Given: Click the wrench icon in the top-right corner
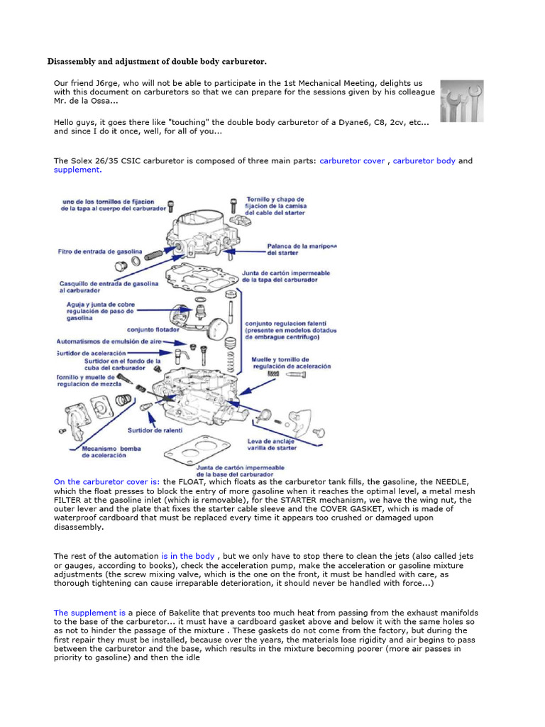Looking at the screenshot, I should point(461,101).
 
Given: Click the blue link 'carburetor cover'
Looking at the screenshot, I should point(352,161).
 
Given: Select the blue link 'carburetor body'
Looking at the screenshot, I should point(424,161).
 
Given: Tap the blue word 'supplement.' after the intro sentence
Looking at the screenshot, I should point(77,170).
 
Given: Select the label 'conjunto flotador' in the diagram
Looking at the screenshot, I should point(152,329).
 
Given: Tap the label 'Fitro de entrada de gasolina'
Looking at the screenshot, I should point(100,252).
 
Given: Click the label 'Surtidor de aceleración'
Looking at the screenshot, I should point(92,353).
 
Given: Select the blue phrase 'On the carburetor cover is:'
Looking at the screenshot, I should point(106,482).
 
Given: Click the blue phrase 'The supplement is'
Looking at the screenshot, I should point(89,612).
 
